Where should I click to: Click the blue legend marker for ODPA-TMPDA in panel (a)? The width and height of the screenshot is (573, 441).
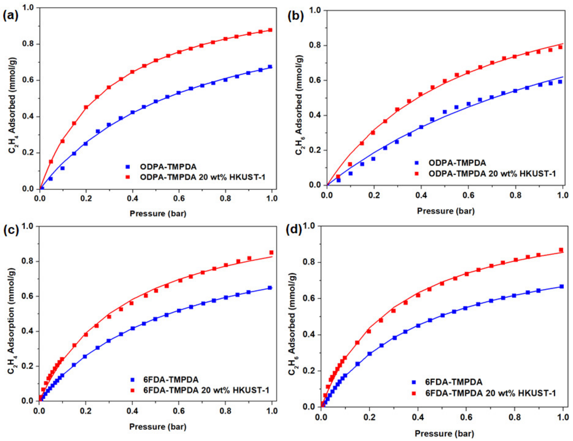(x=128, y=167)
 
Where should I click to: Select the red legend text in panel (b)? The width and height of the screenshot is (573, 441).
(x=492, y=173)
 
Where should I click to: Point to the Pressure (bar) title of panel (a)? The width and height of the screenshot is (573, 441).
(x=158, y=213)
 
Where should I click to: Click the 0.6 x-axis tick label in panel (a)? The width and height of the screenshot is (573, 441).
(x=179, y=198)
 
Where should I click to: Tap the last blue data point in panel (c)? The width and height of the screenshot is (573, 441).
(x=270, y=288)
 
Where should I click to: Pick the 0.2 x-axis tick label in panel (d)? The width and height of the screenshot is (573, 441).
(x=369, y=417)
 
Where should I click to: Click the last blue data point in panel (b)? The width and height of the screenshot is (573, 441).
(x=560, y=82)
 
